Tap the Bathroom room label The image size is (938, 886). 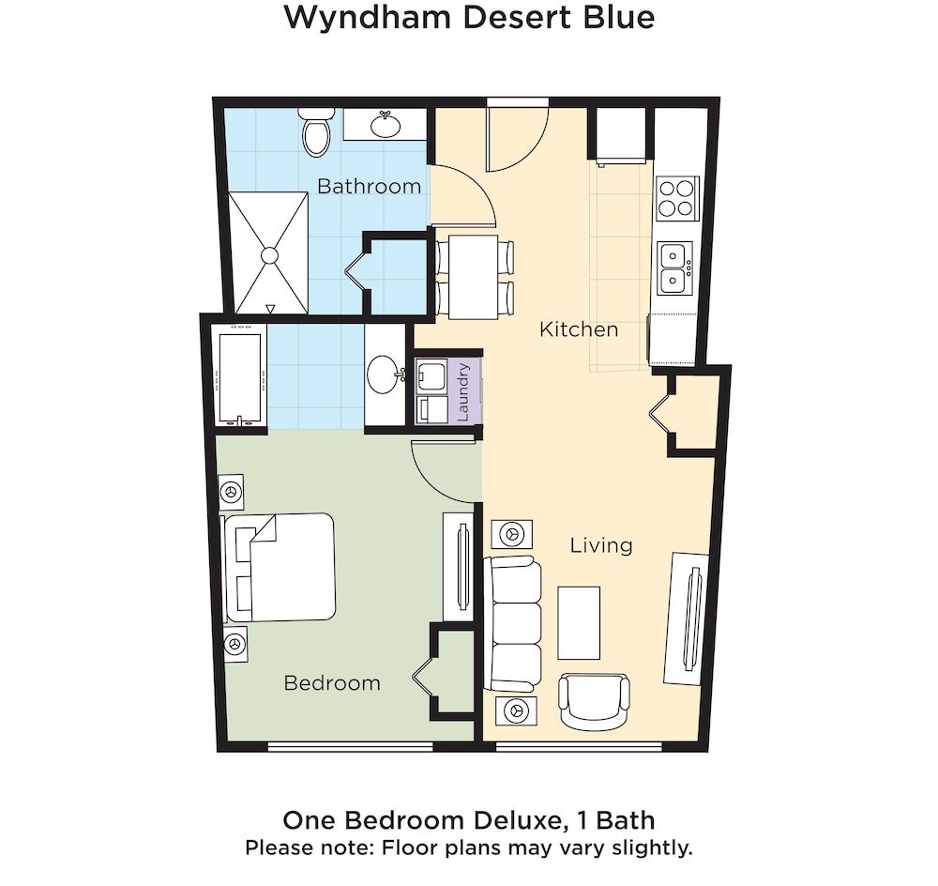click(x=369, y=186)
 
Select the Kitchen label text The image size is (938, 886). click(x=578, y=329)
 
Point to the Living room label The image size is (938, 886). click(x=601, y=545)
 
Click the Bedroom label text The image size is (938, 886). click(x=332, y=683)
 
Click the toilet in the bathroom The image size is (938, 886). click(x=316, y=133)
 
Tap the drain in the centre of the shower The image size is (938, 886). click(x=270, y=254)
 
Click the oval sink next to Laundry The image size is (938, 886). click(x=385, y=375)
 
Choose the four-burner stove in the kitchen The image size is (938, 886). click(x=677, y=198)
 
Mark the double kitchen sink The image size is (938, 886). click(x=674, y=267)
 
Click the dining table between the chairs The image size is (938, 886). click(x=472, y=277)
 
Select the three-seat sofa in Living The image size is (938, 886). click(x=512, y=623)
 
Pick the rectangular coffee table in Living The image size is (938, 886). click(x=579, y=622)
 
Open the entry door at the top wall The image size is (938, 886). click(x=517, y=136)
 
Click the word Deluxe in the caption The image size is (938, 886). click(x=512, y=820)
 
